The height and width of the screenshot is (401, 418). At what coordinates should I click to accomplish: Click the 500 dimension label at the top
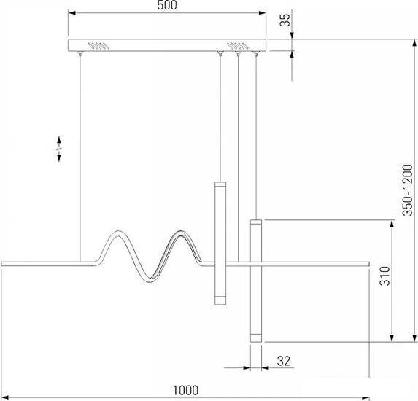[x=167, y=5]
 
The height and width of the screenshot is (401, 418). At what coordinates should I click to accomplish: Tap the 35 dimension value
[x=285, y=20]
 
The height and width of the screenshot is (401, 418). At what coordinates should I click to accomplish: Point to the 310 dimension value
[x=384, y=276]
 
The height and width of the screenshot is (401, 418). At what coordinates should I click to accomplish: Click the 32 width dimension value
[x=283, y=361]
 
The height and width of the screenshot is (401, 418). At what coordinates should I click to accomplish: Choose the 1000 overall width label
[x=186, y=390]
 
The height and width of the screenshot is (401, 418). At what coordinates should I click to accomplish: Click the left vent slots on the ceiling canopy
[x=98, y=45]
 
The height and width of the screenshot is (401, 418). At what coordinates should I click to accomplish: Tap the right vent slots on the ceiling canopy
[x=237, y=45]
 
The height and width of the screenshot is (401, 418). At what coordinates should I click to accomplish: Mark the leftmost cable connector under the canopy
[x=80, y=53]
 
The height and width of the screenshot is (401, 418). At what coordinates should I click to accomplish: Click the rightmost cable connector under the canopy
[x=256, y=53]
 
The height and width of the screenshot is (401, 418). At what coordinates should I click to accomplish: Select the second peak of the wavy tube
[x=180, y=232]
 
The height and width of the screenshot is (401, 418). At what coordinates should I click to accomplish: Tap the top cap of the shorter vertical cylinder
[x=220, y=184]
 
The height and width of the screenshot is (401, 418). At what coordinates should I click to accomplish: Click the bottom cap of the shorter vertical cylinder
[x=220, y=300]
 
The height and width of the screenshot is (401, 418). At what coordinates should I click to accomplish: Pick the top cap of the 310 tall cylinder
[x=256, y=222]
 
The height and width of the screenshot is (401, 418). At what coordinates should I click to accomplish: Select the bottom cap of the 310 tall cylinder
[x=256, y=338]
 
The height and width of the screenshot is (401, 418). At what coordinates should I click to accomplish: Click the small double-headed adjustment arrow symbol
[x=59, y=149]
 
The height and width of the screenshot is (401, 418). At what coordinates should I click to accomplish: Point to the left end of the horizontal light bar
[x=1, y=264]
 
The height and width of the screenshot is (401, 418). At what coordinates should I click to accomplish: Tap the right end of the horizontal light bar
[x=368, y=264]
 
